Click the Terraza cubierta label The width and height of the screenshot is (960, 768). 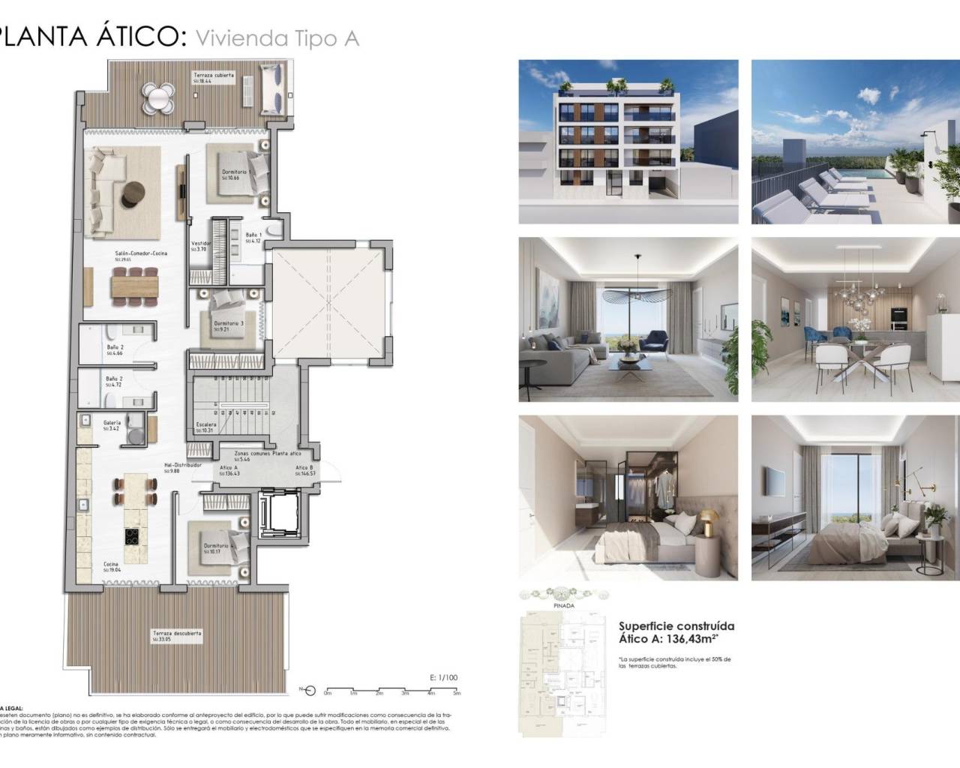[214, 76]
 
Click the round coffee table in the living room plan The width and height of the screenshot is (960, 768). [136, 193]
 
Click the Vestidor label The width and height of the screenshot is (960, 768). [200, 244]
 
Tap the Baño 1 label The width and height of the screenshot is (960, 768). [253, 235]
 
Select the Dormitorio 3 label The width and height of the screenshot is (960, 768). [228, 324]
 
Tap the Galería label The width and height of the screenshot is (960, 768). [112, 423]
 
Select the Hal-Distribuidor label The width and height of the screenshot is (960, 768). [184, 465]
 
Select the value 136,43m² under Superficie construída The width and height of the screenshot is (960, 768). [692, 640]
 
